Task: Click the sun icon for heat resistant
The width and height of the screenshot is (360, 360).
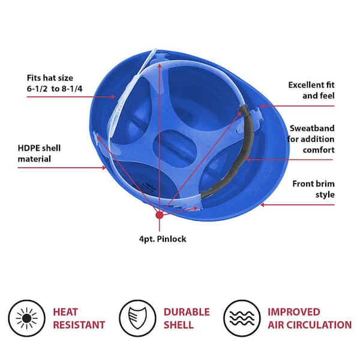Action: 26,318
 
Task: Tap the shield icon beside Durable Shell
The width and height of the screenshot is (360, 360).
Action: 137,318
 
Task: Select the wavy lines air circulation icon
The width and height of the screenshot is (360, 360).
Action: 242,318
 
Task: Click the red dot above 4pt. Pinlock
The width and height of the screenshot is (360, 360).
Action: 160,215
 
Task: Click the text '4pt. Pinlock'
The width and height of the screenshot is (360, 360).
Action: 163,239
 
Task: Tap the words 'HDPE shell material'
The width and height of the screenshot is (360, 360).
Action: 39,154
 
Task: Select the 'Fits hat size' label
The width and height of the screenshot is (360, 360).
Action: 50,78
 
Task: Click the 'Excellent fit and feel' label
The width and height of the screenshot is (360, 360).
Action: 311,90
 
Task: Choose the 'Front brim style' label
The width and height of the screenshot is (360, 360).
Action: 313,189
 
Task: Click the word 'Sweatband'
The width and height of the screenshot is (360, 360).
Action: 312,128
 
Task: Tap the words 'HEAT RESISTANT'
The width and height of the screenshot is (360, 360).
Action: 79,319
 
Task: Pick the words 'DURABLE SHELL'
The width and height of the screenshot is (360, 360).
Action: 187,319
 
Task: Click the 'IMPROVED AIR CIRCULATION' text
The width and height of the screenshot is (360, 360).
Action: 310,319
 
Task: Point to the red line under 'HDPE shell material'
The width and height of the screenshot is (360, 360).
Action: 62,168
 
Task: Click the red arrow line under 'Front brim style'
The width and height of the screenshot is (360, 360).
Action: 298,205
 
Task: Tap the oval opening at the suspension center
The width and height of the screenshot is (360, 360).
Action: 175,149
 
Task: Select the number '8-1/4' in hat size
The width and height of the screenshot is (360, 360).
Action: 72,89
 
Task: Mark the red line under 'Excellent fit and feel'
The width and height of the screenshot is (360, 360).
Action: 298,106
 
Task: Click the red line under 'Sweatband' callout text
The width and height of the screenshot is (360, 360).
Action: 289,160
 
